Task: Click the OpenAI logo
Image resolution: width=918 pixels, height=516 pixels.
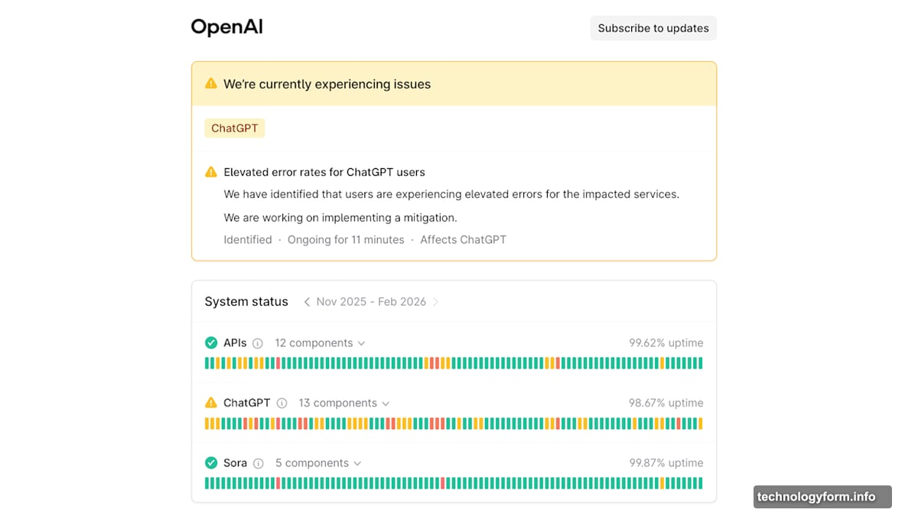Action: [x=226, y=27]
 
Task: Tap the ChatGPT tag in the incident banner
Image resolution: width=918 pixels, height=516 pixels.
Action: [x=234, y=128]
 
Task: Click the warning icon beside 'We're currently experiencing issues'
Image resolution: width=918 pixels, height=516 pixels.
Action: [x=211, y=83]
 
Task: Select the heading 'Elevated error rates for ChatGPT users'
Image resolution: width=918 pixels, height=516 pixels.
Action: [x=324, y=172]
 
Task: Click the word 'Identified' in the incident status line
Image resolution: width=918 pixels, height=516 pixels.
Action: [x=248, y=239]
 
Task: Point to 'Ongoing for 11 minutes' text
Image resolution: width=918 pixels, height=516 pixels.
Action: [x=346, y=239]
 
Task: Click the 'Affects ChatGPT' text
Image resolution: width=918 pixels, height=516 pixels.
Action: [x=463, y=239]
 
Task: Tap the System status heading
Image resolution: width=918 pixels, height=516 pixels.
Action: [x=246, y=302]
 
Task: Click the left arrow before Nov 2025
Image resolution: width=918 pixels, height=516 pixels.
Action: [x=307, y=302]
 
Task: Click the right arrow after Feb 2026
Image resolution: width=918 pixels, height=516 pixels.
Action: [x=435, y=302]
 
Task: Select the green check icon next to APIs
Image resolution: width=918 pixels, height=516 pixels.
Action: [x=211, y=342]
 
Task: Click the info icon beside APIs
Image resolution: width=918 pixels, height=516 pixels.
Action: [x=257, y=343]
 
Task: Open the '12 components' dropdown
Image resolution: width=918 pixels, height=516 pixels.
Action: [x=320, y=342]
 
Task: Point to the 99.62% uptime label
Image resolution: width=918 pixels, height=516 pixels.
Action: [x=666, y=342]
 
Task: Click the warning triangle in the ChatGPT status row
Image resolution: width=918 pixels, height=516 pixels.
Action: [x=211, y=403]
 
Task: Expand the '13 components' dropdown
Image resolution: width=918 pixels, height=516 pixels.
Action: [x=343, y=403]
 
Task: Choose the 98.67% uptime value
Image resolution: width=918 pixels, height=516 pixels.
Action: [x=666, y=403]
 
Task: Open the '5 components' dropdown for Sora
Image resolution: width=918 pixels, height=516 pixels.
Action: [x=318, y=463]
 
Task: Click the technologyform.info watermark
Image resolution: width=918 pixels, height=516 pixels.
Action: [x=816, y=497]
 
